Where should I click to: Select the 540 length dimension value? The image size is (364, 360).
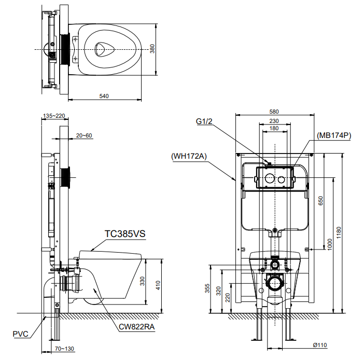[104, 96]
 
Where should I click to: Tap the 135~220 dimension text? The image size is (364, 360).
[54, 116]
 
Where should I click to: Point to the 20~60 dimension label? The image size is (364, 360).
[83, 136]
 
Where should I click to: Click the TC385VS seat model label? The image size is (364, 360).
[124, 234]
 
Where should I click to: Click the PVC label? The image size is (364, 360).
[21, 334]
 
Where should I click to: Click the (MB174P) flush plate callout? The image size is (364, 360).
[334, 135]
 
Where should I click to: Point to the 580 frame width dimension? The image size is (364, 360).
[274, 112]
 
